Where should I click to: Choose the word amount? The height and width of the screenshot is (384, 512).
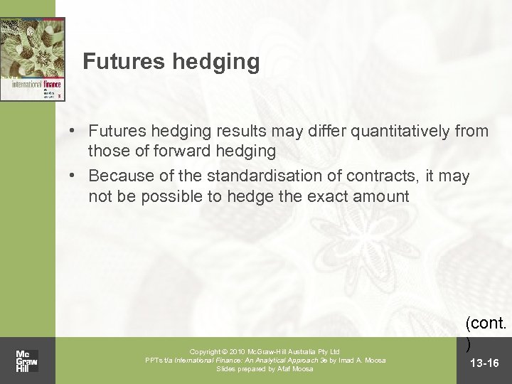(x=382, y=196)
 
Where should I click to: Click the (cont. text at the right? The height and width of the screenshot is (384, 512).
(x=486, y=324)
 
